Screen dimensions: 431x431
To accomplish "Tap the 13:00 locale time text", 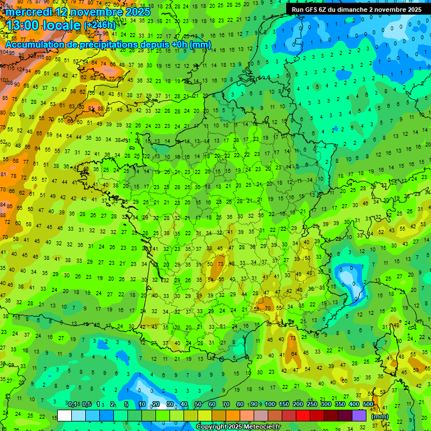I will click(x=42, y=25).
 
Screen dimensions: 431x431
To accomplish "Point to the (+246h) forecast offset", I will click(x=99, y=25).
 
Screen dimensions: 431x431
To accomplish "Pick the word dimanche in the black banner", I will click(x=369, y=10).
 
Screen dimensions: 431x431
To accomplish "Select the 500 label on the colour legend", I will click(x=368, y=404).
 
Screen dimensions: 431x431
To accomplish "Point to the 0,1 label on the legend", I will click(x=72, y=404).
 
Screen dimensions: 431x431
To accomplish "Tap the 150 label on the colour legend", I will click(x=284, y=404).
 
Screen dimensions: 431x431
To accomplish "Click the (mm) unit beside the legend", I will click(x=380, y=416).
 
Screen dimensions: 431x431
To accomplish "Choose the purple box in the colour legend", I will click(x=359, y=415).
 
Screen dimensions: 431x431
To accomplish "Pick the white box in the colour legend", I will click(x=65, y=415).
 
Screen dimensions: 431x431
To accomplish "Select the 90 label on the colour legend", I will click(x=254, y=404).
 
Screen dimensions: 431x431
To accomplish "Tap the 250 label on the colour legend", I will click(x=312, y=404).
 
